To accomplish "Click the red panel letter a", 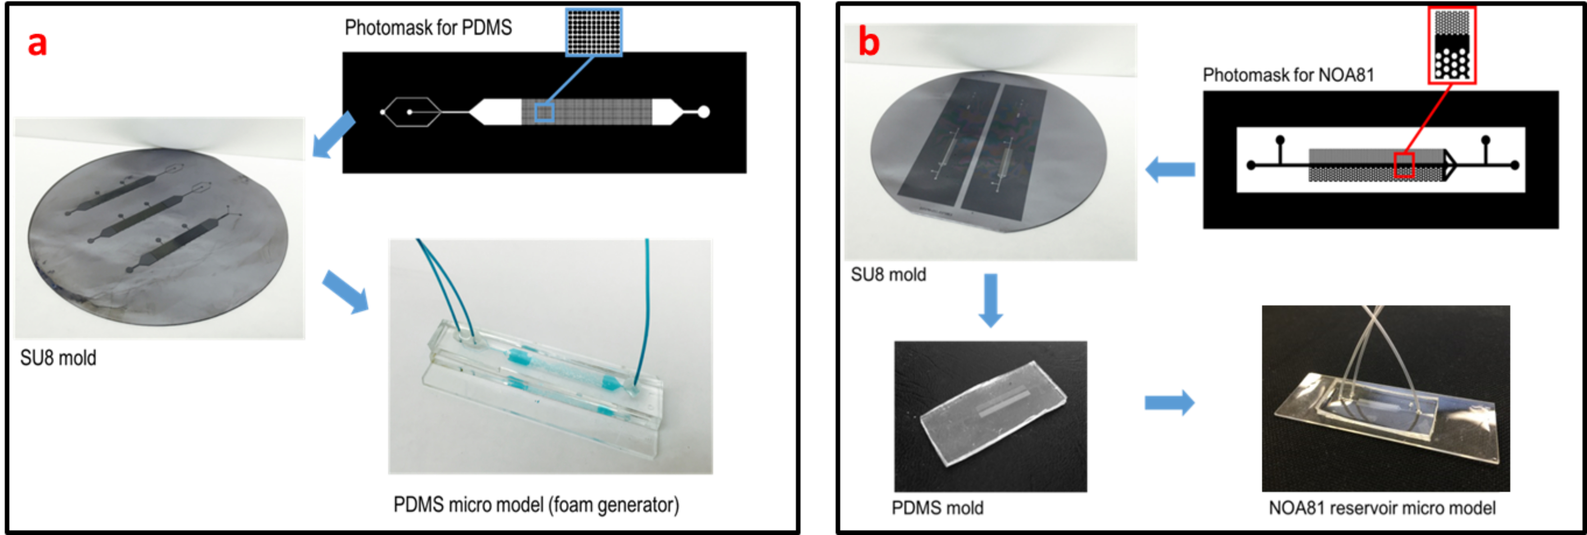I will click(37, 44).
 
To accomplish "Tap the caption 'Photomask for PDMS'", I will click(428, 28).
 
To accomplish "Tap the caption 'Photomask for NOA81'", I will click(1288, 75).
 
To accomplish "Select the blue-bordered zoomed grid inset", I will click(594, 32).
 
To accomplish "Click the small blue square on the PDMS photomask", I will click(544, 112).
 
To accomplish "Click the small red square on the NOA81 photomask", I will click(1404, 165).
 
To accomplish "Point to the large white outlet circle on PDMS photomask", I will click(703, 112).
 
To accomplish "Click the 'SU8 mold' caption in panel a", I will click(59, 358).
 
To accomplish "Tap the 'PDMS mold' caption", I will click(937, 508).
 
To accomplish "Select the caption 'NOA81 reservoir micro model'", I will click(1382, 508).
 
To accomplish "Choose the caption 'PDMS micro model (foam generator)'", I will click(536, 505).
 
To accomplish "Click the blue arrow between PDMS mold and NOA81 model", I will click(1169, 403).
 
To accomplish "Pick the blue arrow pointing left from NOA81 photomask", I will click(1170, 169).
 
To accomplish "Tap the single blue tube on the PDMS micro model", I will click(645, 308).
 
